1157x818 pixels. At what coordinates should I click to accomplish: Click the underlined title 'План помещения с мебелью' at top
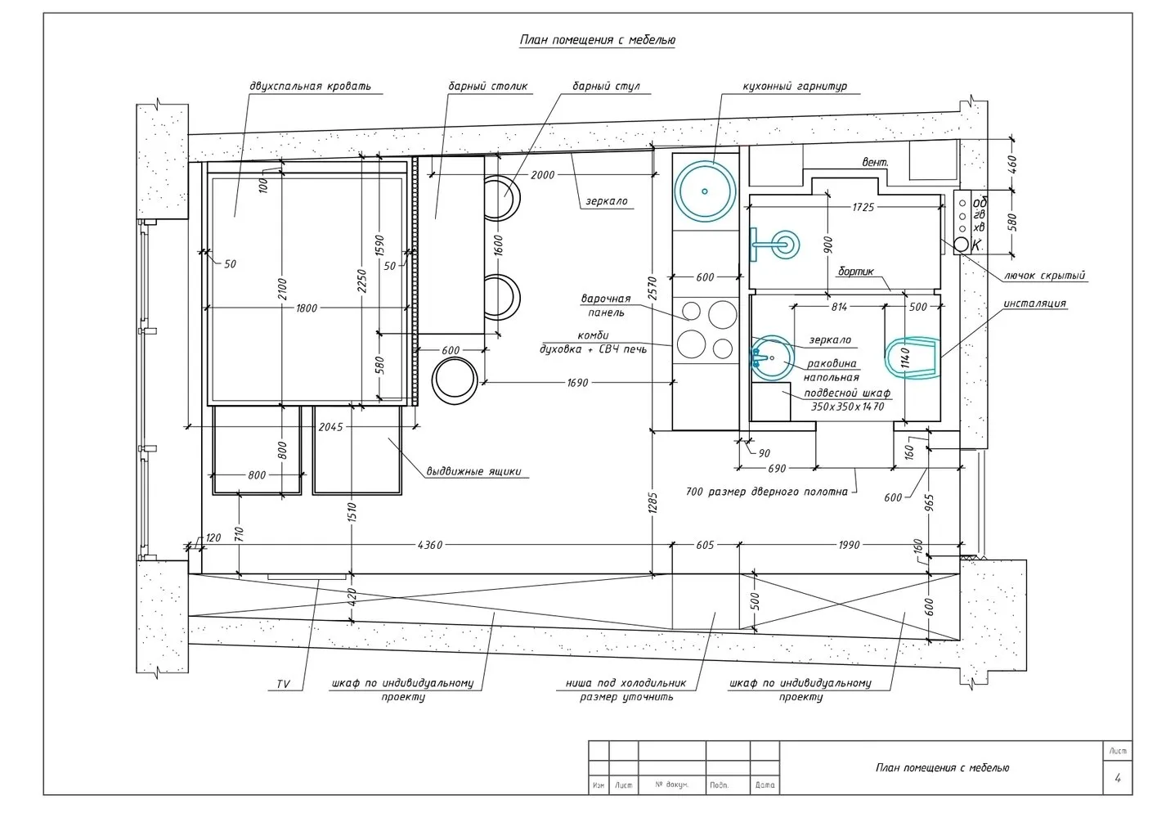597,40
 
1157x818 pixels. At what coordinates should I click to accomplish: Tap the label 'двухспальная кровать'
310,86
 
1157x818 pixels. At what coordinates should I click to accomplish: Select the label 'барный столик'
487,86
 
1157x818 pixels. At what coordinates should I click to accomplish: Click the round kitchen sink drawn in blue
704,190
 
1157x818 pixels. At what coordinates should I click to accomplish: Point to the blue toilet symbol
912,358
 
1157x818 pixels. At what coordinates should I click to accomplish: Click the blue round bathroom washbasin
771,357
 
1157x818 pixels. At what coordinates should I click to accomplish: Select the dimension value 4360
429,545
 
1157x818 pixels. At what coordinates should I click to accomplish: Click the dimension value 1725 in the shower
863,208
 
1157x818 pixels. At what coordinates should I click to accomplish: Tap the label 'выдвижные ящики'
473,471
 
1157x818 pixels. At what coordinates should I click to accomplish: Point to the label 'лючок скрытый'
1043,276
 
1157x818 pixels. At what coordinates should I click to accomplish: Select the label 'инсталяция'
1034,303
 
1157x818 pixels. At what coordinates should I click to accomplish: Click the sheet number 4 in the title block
1117,778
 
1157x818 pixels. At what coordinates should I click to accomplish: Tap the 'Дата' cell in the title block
765,785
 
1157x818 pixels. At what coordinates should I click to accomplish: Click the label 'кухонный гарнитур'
794,86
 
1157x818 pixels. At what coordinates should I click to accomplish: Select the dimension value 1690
577,382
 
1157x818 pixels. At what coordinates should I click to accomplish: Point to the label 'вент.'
875,163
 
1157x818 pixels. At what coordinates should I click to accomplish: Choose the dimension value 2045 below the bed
330,427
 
